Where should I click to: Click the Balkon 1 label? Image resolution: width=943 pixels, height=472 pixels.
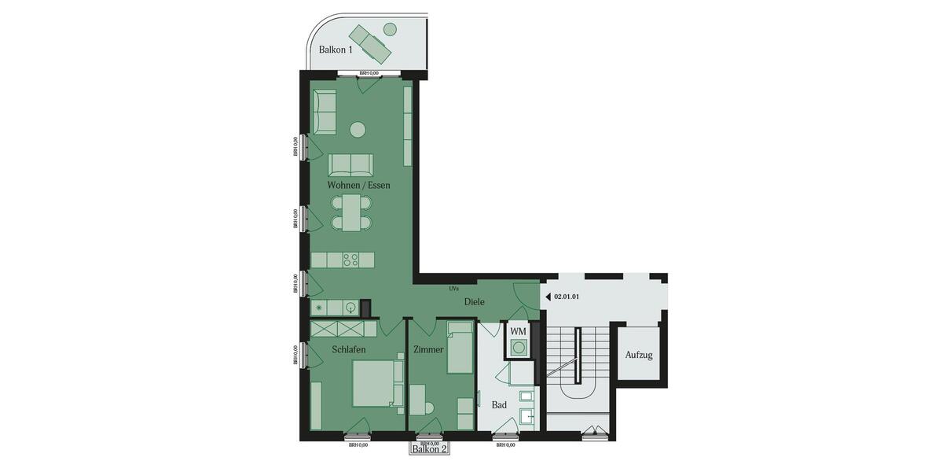point(336,49)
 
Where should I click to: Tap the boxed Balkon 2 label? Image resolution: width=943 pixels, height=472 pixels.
point(429,449)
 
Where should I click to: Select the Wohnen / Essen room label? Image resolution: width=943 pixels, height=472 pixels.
point(358,185)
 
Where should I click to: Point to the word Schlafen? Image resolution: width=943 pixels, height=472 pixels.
point(348,348)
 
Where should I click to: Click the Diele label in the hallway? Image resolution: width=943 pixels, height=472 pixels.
point(474,301)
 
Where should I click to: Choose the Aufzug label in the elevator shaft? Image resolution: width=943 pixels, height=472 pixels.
point(638,355)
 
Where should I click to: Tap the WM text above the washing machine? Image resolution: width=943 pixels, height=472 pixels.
point(518,331)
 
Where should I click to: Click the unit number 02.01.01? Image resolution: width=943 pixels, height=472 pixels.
point(567,297)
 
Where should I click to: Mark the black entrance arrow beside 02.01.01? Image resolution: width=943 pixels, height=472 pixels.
point(548,297)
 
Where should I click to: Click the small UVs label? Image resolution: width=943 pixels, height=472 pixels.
point(453,289)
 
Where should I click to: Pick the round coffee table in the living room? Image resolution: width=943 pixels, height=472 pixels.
point(358,129)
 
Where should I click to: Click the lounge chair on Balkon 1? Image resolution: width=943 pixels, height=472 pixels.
point(370,43)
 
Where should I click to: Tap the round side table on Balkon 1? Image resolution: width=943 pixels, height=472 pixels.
point(390,29)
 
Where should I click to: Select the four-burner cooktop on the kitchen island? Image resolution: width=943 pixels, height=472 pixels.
point(350,260)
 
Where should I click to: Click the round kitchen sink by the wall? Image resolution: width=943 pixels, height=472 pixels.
point(350,308)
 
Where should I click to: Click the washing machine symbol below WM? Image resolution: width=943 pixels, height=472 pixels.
point(519,347)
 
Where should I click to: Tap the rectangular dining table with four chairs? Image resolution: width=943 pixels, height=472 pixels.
point(351,212)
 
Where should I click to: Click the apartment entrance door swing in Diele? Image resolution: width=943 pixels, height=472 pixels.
point(525,293)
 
